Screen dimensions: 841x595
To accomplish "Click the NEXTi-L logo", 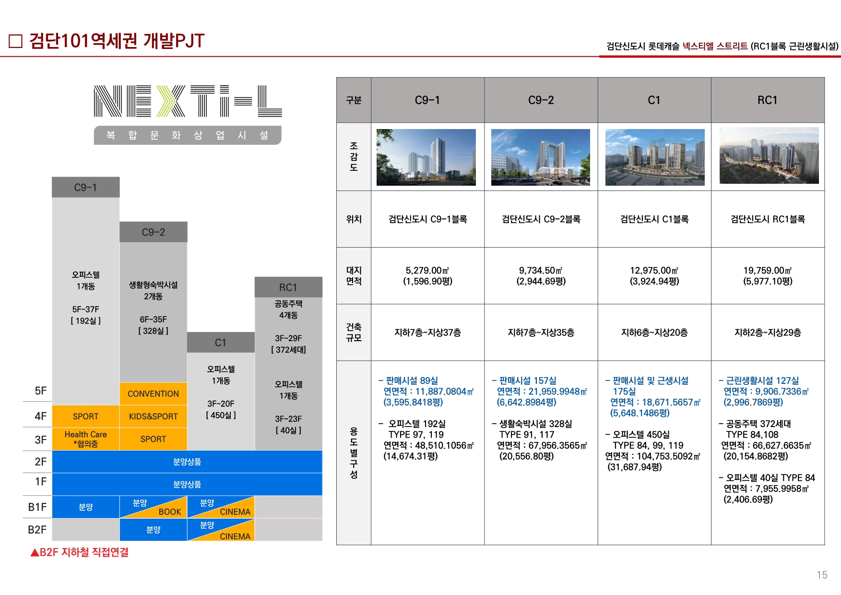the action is coord(188,101).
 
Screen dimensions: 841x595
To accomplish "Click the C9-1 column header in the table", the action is coord(427,100).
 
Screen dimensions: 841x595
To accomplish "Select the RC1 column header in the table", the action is coord(768,100).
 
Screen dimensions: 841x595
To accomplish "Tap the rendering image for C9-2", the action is coord(541,157).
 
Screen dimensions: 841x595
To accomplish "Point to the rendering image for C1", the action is coord(655,157).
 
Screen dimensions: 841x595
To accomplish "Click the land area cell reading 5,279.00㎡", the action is coord(427,276).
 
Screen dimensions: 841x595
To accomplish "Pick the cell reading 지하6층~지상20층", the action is coord(654,333).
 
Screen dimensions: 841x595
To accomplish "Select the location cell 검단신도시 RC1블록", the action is coord(768,219).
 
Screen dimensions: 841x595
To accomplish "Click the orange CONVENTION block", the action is coord(153,394).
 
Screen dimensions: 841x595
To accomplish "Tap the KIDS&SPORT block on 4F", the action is coord(153,416).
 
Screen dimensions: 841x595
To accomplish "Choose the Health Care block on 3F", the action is coord(85,439).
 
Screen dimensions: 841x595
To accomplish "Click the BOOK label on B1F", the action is coord(170,512).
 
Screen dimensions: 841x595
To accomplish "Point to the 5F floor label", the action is coord(41,391).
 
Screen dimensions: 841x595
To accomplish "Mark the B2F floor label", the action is coord(37,530).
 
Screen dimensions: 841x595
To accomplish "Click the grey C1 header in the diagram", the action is coord(221,343).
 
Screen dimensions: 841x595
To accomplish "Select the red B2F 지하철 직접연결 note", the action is coord(80,552).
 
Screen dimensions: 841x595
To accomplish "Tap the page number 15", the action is coord(822,575).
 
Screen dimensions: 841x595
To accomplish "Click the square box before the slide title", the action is coord(16,41).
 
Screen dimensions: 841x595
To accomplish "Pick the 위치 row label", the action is coord(354,219).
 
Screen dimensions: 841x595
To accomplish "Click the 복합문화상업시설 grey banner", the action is coord(188,135).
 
